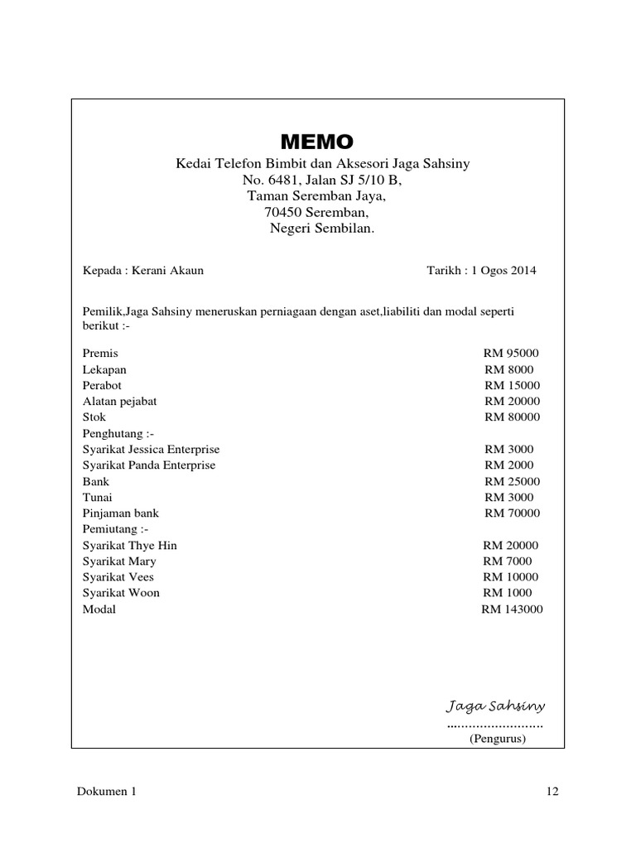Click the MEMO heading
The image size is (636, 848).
click(x=318, y=140)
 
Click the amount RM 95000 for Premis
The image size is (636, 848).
click(x=511, y=354)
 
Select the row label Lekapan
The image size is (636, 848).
click(x=104, y=369)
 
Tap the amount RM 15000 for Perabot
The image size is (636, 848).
click(x=512, y=385)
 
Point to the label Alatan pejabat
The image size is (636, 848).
click(x=119, y=402)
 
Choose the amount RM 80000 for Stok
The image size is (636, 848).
click(x=512, y=417)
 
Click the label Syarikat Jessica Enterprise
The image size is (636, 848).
click(x=151, y=449)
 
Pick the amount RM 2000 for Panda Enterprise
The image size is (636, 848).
click(x=509, y=465)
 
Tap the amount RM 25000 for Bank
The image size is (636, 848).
click(x=512, y=481)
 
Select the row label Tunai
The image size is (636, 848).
click(x=98, y=497)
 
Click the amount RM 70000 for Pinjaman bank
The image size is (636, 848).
click(x=512, y=513)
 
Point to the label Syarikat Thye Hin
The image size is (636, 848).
click(x=129, y=546)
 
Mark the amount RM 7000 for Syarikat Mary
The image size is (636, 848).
click(x=508, y=561)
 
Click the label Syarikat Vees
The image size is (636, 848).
click(x=118, y=577)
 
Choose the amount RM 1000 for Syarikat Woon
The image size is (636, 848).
click(x=508, y=593)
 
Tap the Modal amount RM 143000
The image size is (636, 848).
click(x=512, y=609)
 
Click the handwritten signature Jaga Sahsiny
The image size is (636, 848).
click(x=495, y=706)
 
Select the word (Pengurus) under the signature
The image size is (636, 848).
click(x=498, y=740)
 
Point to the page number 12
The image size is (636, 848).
click(x=553, y=792)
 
